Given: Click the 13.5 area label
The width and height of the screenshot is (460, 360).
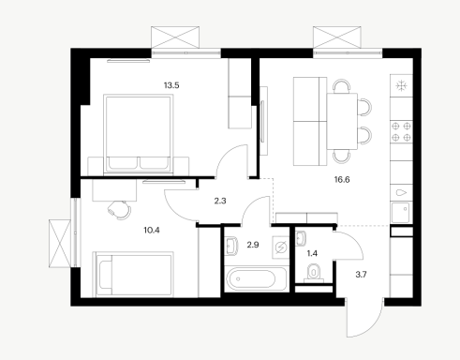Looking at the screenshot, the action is click(171, 85).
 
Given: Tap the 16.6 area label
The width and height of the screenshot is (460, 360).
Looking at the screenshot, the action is click(342, 180).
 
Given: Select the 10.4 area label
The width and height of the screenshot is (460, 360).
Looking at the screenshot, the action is click(152, 231).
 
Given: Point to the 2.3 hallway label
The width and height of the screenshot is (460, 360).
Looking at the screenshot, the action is click(220, 201).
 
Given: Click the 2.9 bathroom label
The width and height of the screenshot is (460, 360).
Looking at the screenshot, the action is click(253, 245).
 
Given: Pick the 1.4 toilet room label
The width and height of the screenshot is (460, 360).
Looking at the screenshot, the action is click(312, 253).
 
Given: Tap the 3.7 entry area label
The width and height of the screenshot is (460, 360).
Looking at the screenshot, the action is click(361, 275).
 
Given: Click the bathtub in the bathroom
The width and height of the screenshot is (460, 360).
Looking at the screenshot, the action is click(256, 278).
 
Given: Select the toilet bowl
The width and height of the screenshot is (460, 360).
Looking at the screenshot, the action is click(313, 272).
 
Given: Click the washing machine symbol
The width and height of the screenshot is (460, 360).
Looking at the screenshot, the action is click(281, 247).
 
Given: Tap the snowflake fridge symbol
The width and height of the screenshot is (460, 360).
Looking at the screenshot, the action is click(401, 85).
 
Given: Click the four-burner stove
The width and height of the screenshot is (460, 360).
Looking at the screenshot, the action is click(401, 131).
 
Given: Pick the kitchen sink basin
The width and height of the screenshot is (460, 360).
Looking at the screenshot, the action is click(400, 213).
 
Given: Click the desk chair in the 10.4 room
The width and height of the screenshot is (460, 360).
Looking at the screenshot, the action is click(119, 209).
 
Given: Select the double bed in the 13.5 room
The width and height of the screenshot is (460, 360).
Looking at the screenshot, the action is click(139, 134).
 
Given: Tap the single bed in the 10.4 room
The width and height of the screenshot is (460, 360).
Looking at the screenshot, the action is click(134, 274).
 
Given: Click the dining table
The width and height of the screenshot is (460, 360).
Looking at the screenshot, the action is click(342, 121).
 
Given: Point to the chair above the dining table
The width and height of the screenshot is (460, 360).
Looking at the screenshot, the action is click(342, 86).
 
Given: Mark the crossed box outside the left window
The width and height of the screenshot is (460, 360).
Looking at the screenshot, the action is click(60, 244).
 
